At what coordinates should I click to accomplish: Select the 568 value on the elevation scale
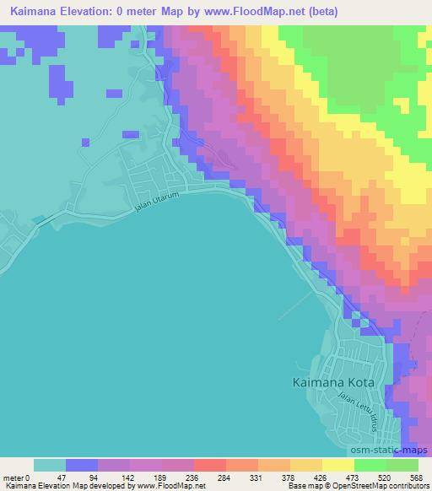[x=415, y=477]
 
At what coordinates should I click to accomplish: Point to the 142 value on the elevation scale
[x=129, y=477]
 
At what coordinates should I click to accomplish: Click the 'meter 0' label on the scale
[x=17, y=477]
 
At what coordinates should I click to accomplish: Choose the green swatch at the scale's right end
[x=402, y=465]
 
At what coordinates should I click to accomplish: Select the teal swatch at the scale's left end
[x=50, y=465]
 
